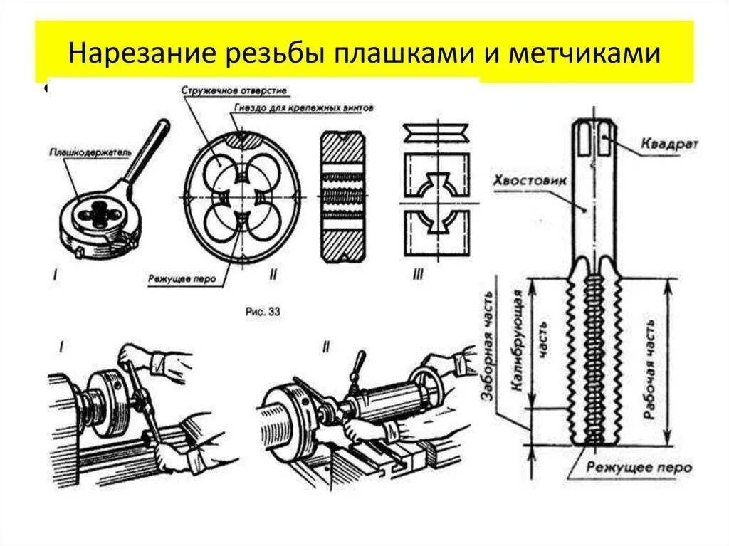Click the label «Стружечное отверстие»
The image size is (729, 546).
pyautogui.click(x=224, y=91)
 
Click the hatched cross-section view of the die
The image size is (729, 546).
pyautogui.click(x=342, y=196)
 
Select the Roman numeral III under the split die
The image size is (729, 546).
pyautogui.click(x=417, y=275)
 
